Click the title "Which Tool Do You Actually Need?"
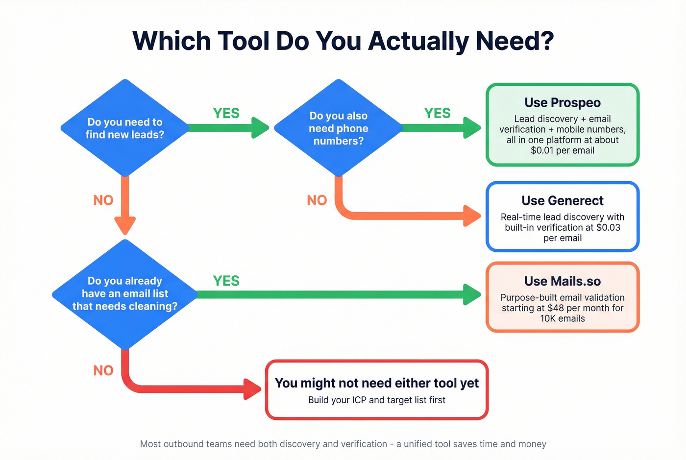point(343,41)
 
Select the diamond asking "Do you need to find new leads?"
point(125,128)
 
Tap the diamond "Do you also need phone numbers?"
point(338,128)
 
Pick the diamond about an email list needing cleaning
point(125,293)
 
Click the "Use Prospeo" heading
point(562,103)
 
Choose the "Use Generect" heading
point(562,201)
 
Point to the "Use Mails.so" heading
point(562,281)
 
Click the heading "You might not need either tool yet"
point(376,383)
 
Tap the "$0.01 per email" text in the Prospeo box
point(562,150)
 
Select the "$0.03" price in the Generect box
point(608,227)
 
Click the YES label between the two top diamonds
point(226,113)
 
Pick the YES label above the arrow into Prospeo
point(437,113)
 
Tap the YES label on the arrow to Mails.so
point(226,281)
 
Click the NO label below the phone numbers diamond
point(317,200)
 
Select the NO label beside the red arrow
point(103,370)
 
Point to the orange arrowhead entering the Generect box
point(472,216)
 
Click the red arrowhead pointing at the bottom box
point(253,389)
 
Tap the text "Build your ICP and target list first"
point(376,400)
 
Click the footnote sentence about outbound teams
point(343,444)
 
